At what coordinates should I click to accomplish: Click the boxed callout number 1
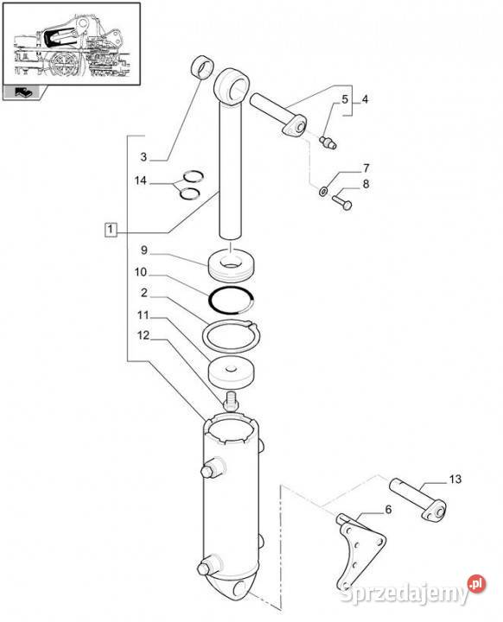point(111,229)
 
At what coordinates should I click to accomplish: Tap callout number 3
point(143,156)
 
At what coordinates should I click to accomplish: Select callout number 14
point(141,181)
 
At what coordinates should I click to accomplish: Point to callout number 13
point(455,479)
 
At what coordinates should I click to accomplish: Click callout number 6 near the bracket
point(388,509)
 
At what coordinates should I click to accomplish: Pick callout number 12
point(143,335)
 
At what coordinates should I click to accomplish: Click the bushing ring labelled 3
point(203,68)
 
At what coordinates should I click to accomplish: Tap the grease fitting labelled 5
point(328,143)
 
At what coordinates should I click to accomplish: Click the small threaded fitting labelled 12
point(231,402)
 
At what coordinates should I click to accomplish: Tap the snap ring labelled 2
point(231,336)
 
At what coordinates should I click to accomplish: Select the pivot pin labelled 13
point(417,498)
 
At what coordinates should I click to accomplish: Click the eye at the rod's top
point(232,87)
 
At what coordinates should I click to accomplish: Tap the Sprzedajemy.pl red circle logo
point(476,583)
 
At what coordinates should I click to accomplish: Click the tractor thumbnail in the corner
point(72,44)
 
